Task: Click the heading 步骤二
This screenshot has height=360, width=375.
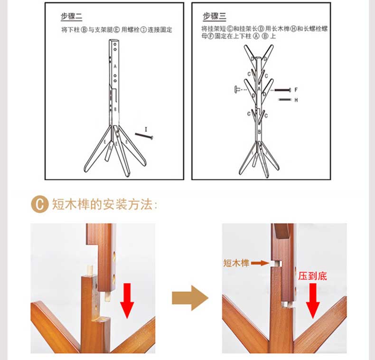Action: [71, 17]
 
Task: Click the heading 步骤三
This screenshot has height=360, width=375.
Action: [214, 16]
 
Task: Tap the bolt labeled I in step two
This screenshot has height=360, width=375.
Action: [144, 136]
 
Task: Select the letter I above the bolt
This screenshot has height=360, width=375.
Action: [146, 129]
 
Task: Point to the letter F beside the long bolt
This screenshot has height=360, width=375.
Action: [296, 90]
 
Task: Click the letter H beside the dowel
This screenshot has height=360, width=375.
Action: [296, 100]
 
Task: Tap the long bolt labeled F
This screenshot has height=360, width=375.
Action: [283, 90]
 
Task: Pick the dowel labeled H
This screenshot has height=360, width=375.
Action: [285, 100]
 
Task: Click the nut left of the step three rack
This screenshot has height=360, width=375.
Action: [237, 89]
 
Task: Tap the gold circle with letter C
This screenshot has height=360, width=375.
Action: [39, 204]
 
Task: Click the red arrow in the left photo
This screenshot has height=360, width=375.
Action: [127, 301]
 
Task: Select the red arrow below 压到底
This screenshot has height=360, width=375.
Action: [313, 301]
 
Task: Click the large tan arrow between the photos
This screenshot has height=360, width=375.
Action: [190, 298]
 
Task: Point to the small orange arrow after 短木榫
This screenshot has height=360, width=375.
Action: [260, 263]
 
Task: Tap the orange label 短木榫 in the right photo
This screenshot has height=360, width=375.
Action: [236, 263]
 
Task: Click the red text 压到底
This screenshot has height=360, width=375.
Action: [312, 276]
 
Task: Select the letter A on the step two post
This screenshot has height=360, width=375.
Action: [115, 66]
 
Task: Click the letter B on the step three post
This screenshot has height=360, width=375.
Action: [260, 132]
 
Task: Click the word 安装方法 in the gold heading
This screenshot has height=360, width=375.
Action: [128, 204]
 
